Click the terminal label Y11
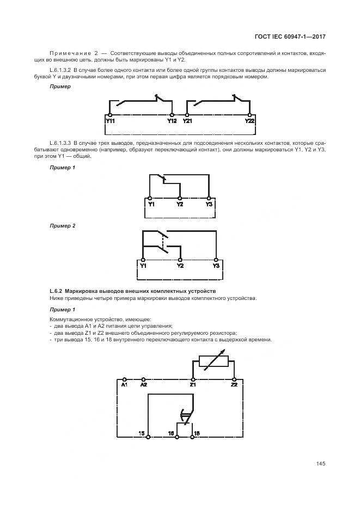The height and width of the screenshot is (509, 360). (x=110, y=121)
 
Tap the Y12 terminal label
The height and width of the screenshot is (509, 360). (x=172, y=121)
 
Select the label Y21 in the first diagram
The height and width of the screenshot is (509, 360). (x=187, y=121)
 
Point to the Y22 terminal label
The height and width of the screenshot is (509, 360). (x=249, y=121)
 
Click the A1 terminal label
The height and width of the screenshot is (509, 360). (x=124, y=385)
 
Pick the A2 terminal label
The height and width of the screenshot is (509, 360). (x=143, y=385)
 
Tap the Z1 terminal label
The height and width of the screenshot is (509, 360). (x=193, y=385)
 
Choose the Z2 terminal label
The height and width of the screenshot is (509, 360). (x=234, y=385)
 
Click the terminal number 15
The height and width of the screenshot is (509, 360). (x=142, y=433)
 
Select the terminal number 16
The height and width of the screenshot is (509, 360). (x=170, y=433)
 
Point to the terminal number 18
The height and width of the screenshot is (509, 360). (x=197, y=433)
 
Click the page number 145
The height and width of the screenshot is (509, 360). (x=320, y=464)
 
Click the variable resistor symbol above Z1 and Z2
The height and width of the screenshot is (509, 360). (x=213, y=361)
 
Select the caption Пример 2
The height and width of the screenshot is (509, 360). (x=62, y=225)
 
